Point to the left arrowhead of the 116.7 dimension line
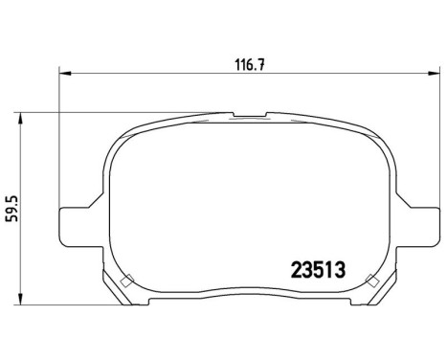pyautogui.click(x=64, y=72)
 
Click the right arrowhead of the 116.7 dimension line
pyautogui.click(x=436, y=72)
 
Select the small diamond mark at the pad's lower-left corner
pyautogui.click(x=128, y=281)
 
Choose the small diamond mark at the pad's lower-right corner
pyautogui.click(x=371, y=281)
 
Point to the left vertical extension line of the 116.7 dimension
pyautogui.click(x=59, y=134)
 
